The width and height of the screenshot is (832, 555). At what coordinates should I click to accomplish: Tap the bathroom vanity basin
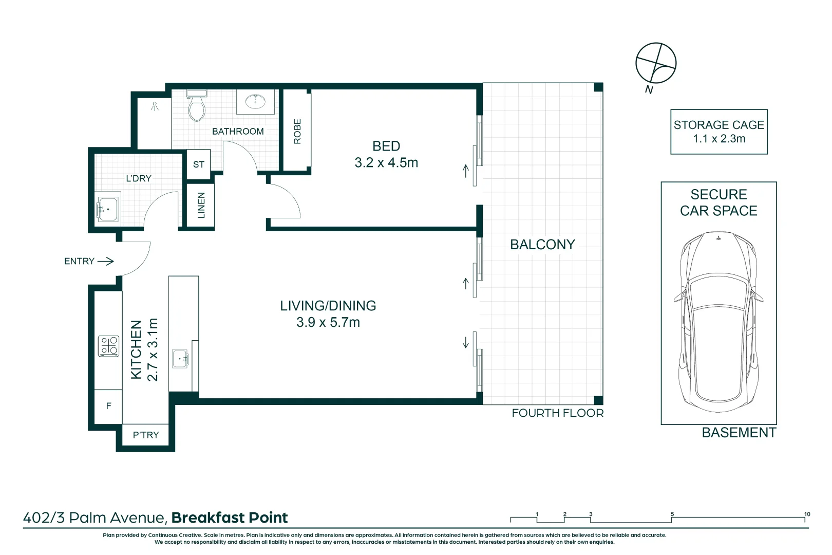click(x=255, y=101)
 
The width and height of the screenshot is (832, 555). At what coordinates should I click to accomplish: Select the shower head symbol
click(x=155, y=106)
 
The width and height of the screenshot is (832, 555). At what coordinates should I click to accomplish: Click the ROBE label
click(x=297, y=131)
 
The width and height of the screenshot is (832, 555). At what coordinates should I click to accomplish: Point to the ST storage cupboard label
click(x=199, y=164)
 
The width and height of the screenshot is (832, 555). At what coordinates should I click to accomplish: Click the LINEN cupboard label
click(x=201, y=205)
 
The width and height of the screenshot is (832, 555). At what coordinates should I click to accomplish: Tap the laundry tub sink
click(x=108, y=209)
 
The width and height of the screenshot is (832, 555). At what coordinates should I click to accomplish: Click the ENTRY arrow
click(x=105, y=261)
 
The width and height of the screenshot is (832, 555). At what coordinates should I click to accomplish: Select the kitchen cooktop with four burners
click(x=108, y=346)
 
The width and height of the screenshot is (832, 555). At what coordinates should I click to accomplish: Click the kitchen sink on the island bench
click(x=180, y=358)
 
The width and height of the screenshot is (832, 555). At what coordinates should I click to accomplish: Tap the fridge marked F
click(x=108, y=406)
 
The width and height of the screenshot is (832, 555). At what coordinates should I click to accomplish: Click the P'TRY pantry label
click(x=146, y=435)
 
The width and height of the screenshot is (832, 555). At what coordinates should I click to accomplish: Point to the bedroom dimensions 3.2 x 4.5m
click(x=386, y=163)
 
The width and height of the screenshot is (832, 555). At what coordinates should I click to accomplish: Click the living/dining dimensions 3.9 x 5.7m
click(x=328, y=323)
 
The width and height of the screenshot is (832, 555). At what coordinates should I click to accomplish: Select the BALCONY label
click(x=542, y=245)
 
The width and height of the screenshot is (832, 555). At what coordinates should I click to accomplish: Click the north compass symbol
click(x=656, y=63)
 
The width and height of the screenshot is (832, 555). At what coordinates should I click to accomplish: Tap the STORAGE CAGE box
click(x=718, y=132)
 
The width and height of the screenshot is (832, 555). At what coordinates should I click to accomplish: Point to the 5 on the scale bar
click(x=672, y=514)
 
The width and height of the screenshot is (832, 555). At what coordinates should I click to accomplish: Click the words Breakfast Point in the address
click(x=230, y=518)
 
